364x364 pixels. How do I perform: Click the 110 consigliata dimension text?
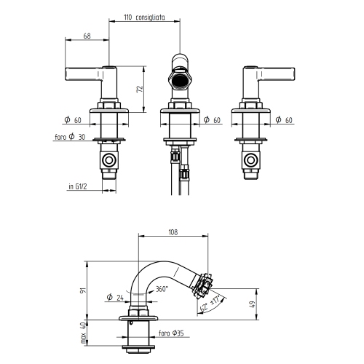pyautogui.click(x=144, y=17)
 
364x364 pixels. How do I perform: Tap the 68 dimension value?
pyautogui.click(x=87, y=36)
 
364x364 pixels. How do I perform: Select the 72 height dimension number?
pyautogui.click(x=140, y=89)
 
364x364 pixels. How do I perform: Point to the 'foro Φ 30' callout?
pyautogui.click(x=70, y=137)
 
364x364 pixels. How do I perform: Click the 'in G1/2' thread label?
pyautogui.click(x=78, y=186)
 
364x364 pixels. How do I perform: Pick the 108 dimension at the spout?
pyautogui.click(x=173, y=232)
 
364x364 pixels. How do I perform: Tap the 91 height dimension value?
pyautogui.click(x=83, y=290)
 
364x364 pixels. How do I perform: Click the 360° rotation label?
pyautogui.click(x=162, y=289)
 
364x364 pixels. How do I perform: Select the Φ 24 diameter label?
pyautogui.click(x=115, y=297)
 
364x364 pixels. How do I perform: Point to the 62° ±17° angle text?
pyautogui.click(x=210, y=304)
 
